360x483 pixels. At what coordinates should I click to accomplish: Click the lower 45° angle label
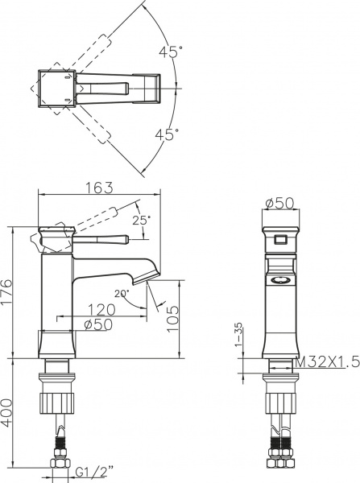pos(168,135)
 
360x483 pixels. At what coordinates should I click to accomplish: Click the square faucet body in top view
pos(56,88)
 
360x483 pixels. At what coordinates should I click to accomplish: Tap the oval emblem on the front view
pos(281,280)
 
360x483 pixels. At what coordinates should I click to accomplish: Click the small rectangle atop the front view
pos(280,239)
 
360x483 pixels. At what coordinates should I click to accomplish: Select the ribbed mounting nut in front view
pos(280,399)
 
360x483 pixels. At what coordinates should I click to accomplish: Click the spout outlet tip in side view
pos(149,279)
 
